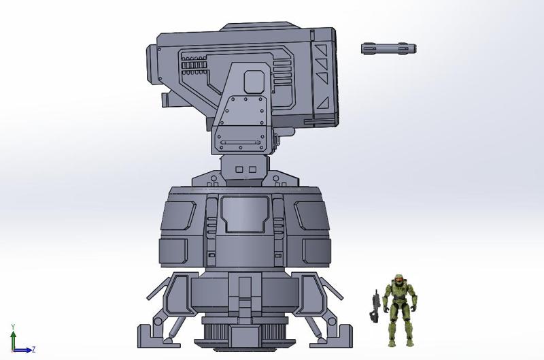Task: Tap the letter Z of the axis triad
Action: [x=33, y=350]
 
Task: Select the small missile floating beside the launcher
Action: [x=388, y=48]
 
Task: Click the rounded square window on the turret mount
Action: [x=254, y=80]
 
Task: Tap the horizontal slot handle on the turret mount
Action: [x=239, y=142]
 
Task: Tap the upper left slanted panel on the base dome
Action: [x=178, y=216]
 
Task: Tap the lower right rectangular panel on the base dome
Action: [x=313, y=250]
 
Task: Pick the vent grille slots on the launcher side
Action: [x=193, y=67]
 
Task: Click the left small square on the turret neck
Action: [x=239, y=169]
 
